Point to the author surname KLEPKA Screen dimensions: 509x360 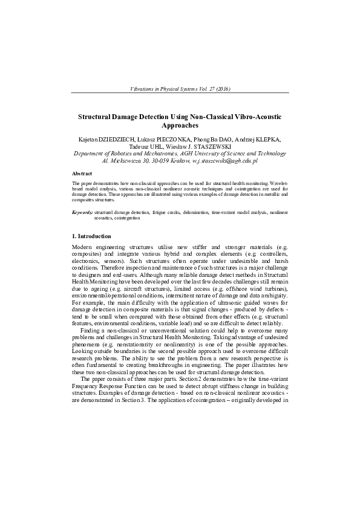pos(275,139)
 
